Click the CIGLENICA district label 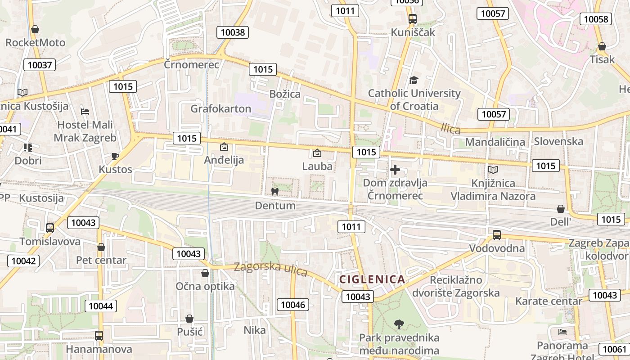point(372,279)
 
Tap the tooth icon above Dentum point(274,192)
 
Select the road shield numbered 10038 point(233,32)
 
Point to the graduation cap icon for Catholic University point(414,80)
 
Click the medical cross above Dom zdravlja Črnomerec point(395,170)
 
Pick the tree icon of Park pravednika point(399,324)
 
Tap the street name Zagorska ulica point(270,269)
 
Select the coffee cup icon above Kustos point(115,156)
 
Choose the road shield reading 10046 point(293,305)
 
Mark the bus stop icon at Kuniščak point(412,19)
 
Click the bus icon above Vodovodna point(497,234)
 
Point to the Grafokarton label point(220,108)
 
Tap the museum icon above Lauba point(317,153)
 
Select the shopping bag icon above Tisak point(602,46)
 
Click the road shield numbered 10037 point(40,65)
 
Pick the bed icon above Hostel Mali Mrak point(85,111)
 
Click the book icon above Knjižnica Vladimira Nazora point(493,170)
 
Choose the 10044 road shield point(101,306)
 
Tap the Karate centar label point(549,301)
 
